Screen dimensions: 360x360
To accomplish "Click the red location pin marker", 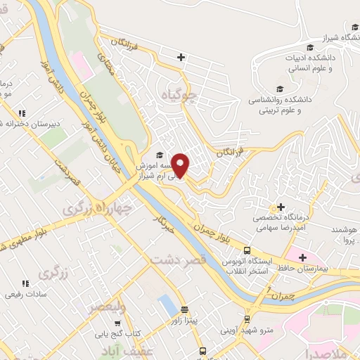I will click(181, 165).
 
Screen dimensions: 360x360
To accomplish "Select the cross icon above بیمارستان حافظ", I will click(304, 257).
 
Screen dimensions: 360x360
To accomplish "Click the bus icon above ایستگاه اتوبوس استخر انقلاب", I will click(247, 251).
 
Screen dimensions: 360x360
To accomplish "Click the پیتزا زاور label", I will click(184, 321).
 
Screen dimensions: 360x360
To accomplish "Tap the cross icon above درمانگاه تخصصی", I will click(281, 207).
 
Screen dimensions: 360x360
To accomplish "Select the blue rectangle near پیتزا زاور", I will click(168, 304).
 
